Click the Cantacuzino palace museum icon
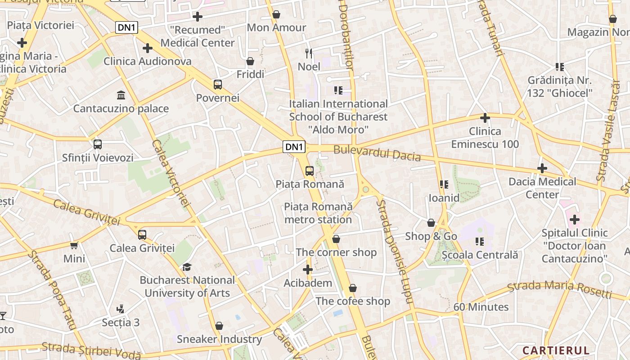point(121,95)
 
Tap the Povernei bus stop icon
point(218,85)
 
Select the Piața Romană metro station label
point(318,213)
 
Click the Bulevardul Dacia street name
point(377,153)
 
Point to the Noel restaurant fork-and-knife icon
point(309,54)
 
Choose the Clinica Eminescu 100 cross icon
point(485,118)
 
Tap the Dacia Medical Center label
point(542,188)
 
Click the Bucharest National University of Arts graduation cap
point(187,267)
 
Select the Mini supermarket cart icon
point(74,245)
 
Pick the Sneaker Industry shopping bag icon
point(219,326)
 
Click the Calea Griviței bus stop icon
point(142,235)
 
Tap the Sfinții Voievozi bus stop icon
point(98,144)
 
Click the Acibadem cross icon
point(308,270)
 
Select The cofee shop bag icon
point(353,288)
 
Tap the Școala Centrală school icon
point(480,242)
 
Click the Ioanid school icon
point(444,184)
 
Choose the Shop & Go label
point(431,236)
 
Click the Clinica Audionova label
point(148,61)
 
